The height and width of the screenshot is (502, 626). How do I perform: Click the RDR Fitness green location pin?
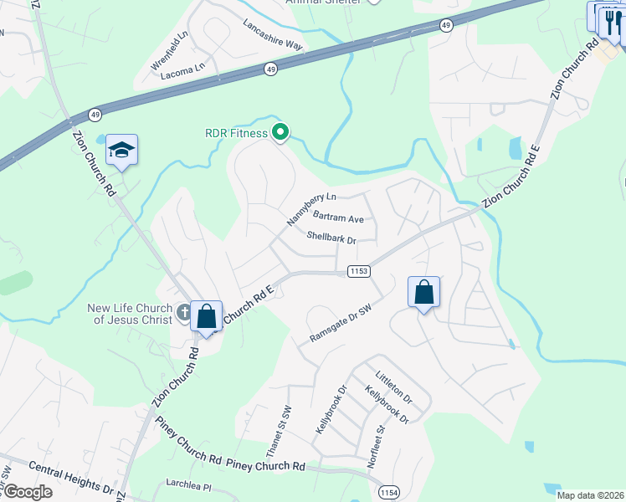[x=281, y=132]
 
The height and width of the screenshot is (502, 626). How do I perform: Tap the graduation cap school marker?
[x=121, y=150]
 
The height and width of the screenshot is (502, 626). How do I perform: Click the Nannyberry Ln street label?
[x=311, y=208]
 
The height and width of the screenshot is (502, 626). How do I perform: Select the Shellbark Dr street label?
[x=331, y=239]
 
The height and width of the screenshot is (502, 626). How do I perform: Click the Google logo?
[x=27, y=492]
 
